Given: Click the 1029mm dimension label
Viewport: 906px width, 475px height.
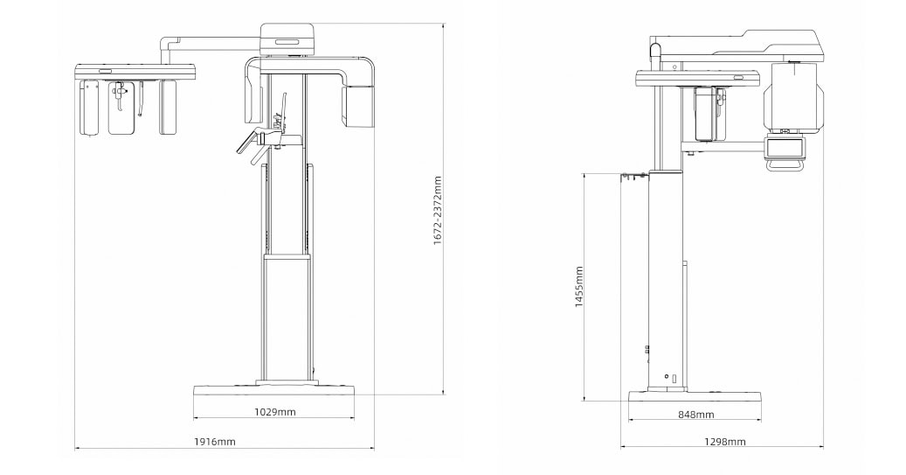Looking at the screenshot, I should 274,411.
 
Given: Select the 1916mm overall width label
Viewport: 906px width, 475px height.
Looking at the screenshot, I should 214,442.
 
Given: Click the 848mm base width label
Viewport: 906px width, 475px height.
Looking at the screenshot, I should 695,414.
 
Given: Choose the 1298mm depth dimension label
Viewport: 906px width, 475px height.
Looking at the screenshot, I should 727,442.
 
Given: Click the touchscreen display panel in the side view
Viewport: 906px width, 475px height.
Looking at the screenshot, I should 785,149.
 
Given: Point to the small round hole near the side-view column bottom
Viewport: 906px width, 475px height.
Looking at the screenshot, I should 667,376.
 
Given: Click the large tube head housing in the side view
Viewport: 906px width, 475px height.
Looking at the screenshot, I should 793,96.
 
